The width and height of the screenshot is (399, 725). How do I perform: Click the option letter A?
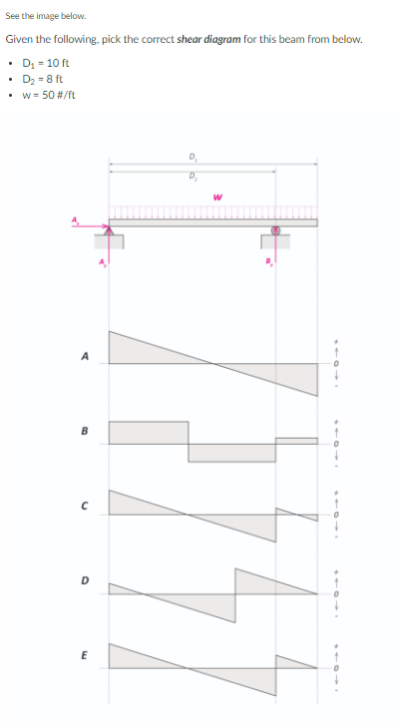tap(84, 356)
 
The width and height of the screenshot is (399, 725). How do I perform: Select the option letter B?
tap(84, 431)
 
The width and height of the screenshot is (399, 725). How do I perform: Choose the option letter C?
tap(84, 507)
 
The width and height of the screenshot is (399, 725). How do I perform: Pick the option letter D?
tap(84, 580)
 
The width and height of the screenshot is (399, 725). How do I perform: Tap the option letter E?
tap(84, 655)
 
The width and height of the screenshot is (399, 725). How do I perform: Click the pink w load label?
tap(217, 197)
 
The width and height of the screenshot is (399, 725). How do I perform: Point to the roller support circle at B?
tap(275, 230)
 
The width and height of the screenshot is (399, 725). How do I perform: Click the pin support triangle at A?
tap(109, 230)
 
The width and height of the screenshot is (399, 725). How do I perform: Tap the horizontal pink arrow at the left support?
tap(89, 226)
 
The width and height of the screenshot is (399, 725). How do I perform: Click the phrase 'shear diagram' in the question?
tap(209, 39)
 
